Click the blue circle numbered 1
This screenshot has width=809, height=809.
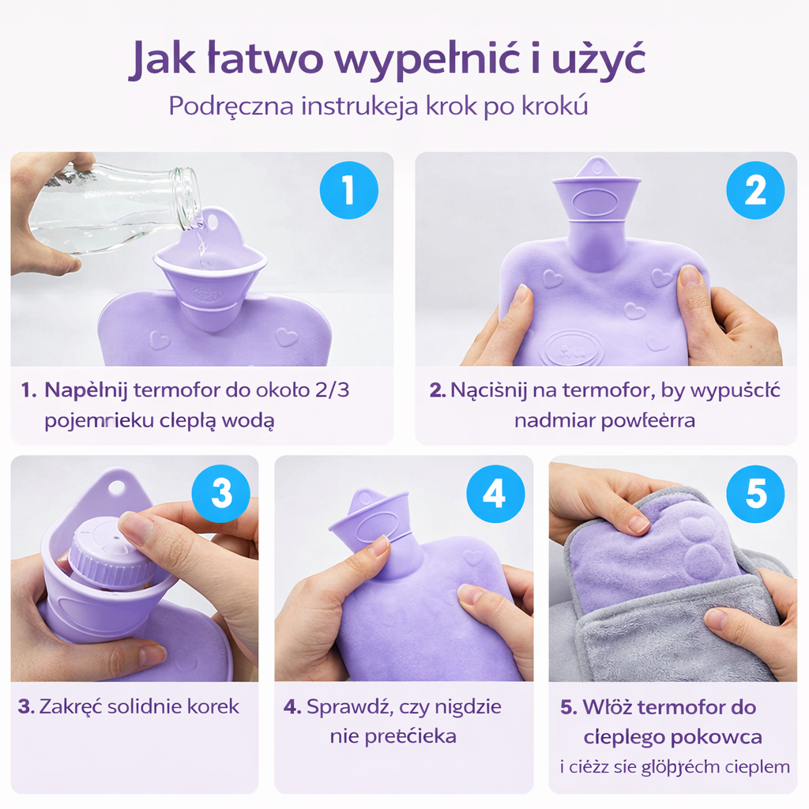coord(348,190)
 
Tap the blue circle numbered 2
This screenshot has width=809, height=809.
coord(755,190)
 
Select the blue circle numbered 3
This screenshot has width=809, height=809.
coord(221,494)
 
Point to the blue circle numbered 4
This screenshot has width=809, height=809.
coord(495,494)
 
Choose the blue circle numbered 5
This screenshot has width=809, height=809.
coord(755,494)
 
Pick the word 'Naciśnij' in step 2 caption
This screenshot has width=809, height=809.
coord(482,390)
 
